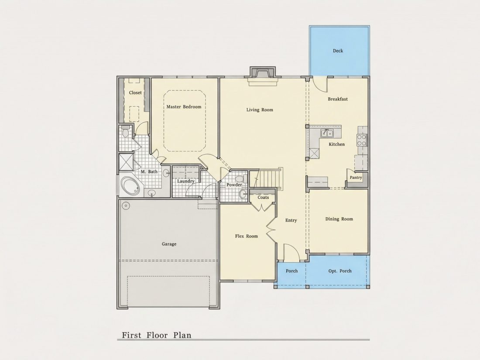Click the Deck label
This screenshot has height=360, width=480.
click(x=338, y=51)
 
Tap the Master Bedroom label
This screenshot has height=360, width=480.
click(x=184, y=107)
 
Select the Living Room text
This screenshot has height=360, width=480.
click(x=260, y=110)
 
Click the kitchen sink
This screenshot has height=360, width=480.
click(x=327, y=133)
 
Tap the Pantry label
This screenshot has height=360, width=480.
click(x=356, y=178)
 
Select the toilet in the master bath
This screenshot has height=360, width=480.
click(x=125, y=132)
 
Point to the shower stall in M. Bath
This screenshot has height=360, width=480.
click(x=126, y=162)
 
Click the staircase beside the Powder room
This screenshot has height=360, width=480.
click(x=268, y=178)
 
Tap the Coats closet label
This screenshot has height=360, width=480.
click(x=263, y=197)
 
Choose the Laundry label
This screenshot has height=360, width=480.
click(x=186, y=181)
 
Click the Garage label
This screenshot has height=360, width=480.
click(x=169, y=244)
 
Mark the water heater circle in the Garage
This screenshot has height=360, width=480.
click(x=126, y=206)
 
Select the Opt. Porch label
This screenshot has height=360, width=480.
click(x=340, y=271)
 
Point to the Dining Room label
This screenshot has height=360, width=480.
click(x=339, y=219)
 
